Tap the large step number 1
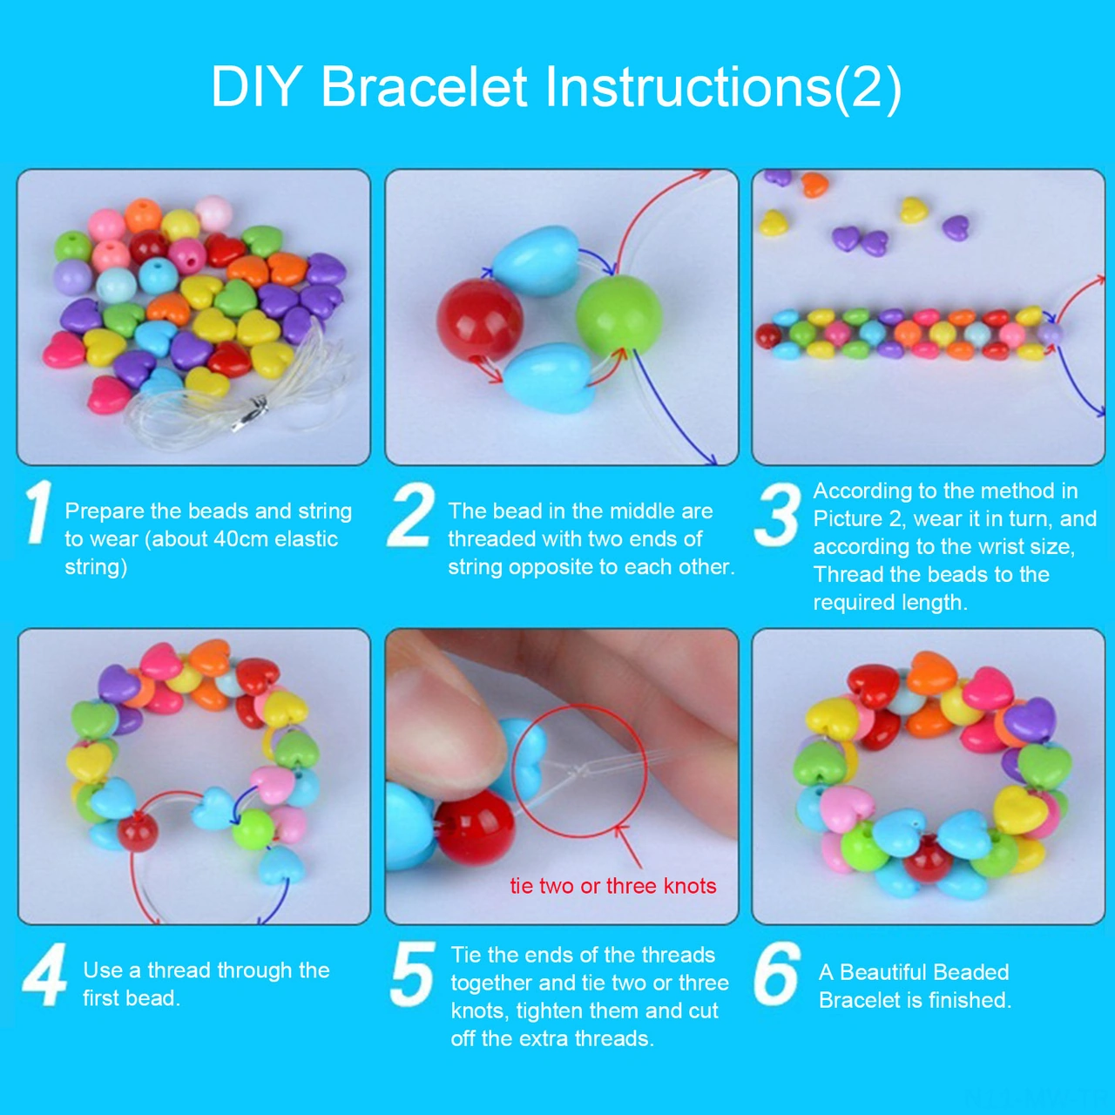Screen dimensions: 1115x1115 (37, 512)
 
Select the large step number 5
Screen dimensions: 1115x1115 (411, 973)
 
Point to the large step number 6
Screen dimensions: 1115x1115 (776, 973)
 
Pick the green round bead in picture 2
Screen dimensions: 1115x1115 (619, 314)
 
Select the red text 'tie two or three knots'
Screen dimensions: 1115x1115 (613, 886)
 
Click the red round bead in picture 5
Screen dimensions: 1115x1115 (475, 828)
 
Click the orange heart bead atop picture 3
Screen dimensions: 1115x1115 (814, 185)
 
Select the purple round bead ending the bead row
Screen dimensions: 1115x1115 (1050, 333)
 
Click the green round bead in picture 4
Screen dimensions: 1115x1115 (253, 829)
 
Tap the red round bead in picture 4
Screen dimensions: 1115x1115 (138, 833)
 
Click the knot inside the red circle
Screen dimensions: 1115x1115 (573, 770)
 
